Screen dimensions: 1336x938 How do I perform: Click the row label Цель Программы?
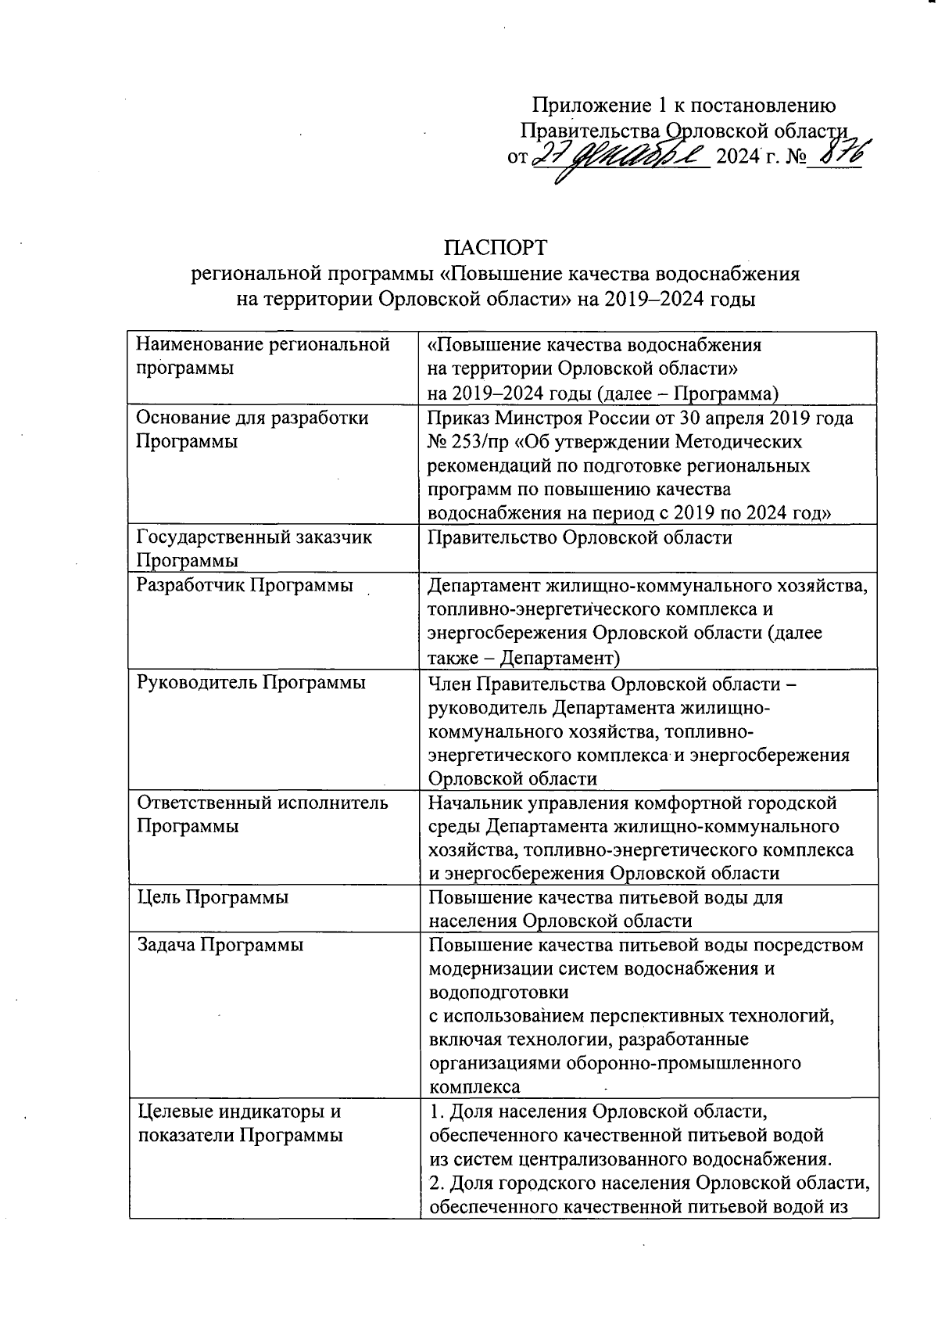tap(213, 897)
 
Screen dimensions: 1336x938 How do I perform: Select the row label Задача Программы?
tap(220, 945)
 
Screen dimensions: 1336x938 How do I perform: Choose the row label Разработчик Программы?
tap(244, 585)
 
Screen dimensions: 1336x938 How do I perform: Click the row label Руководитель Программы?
tap(251, 682)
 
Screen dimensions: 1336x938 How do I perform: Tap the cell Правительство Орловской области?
tap(580, 537)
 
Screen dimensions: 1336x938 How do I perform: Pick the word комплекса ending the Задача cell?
tap(474, 1087)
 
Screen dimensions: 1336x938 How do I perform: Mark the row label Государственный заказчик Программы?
tap(253, 548)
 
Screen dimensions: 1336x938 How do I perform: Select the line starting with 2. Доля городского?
tap(649, 1182)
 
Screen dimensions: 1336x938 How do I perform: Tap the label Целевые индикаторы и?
tap(239, 1111)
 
